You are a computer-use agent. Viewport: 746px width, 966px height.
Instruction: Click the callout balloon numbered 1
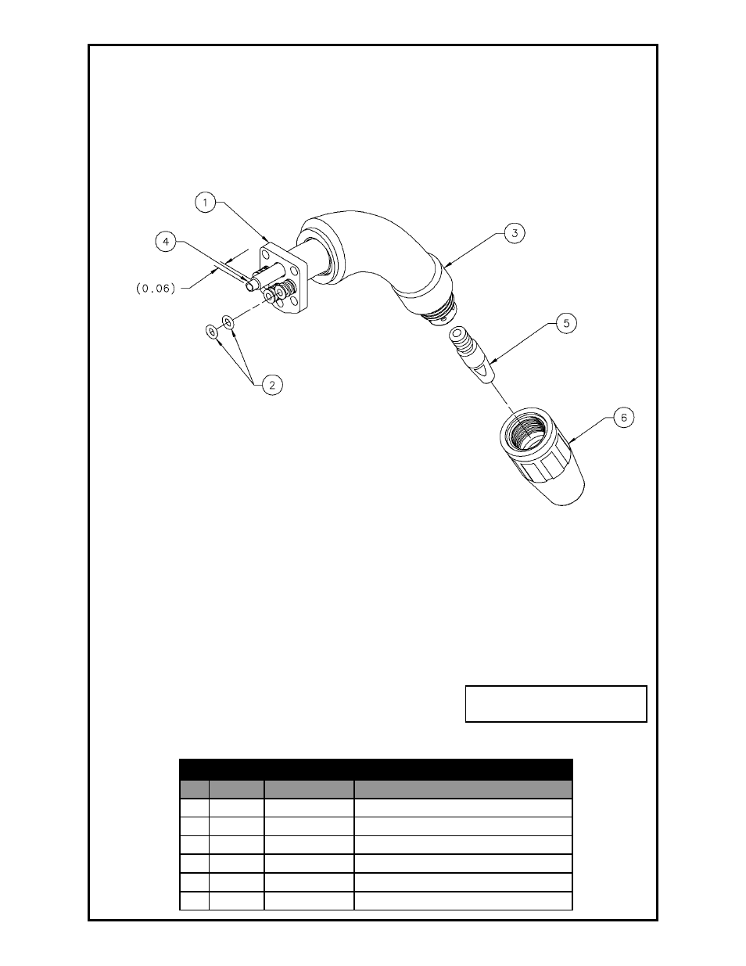(204, 202)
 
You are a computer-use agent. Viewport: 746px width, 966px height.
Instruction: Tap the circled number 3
(514, 232)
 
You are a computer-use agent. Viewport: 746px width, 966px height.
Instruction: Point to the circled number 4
(166, 242)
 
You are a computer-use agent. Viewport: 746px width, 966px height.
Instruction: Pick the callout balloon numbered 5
(568, 321)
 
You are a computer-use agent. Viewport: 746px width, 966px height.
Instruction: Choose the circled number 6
(623, 417)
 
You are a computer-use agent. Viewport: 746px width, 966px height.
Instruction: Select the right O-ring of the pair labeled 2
(228, 321)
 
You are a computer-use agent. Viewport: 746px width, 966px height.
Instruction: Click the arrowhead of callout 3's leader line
(443, 267)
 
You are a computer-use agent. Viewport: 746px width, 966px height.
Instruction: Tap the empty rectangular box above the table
(555, 703)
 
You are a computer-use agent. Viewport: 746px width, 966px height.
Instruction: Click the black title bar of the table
(376, 768)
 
